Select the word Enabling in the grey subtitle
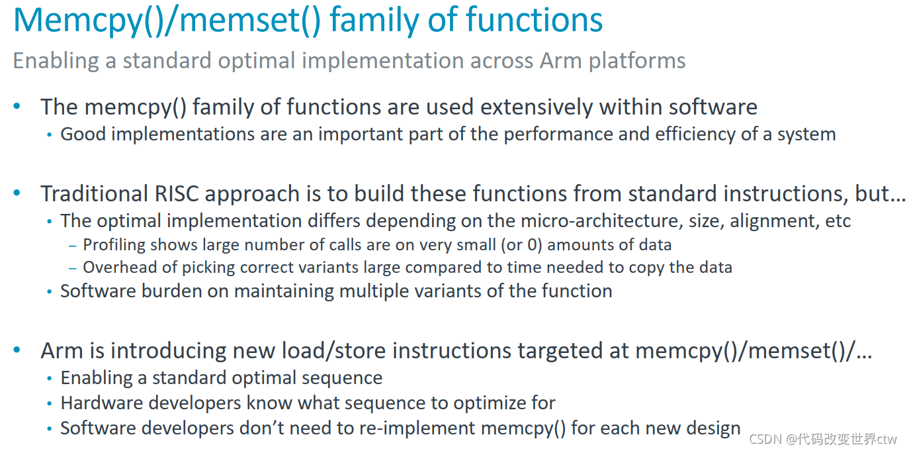point(52,61)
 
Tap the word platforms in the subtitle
point(636,61)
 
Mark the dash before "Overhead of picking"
point(73,268)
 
